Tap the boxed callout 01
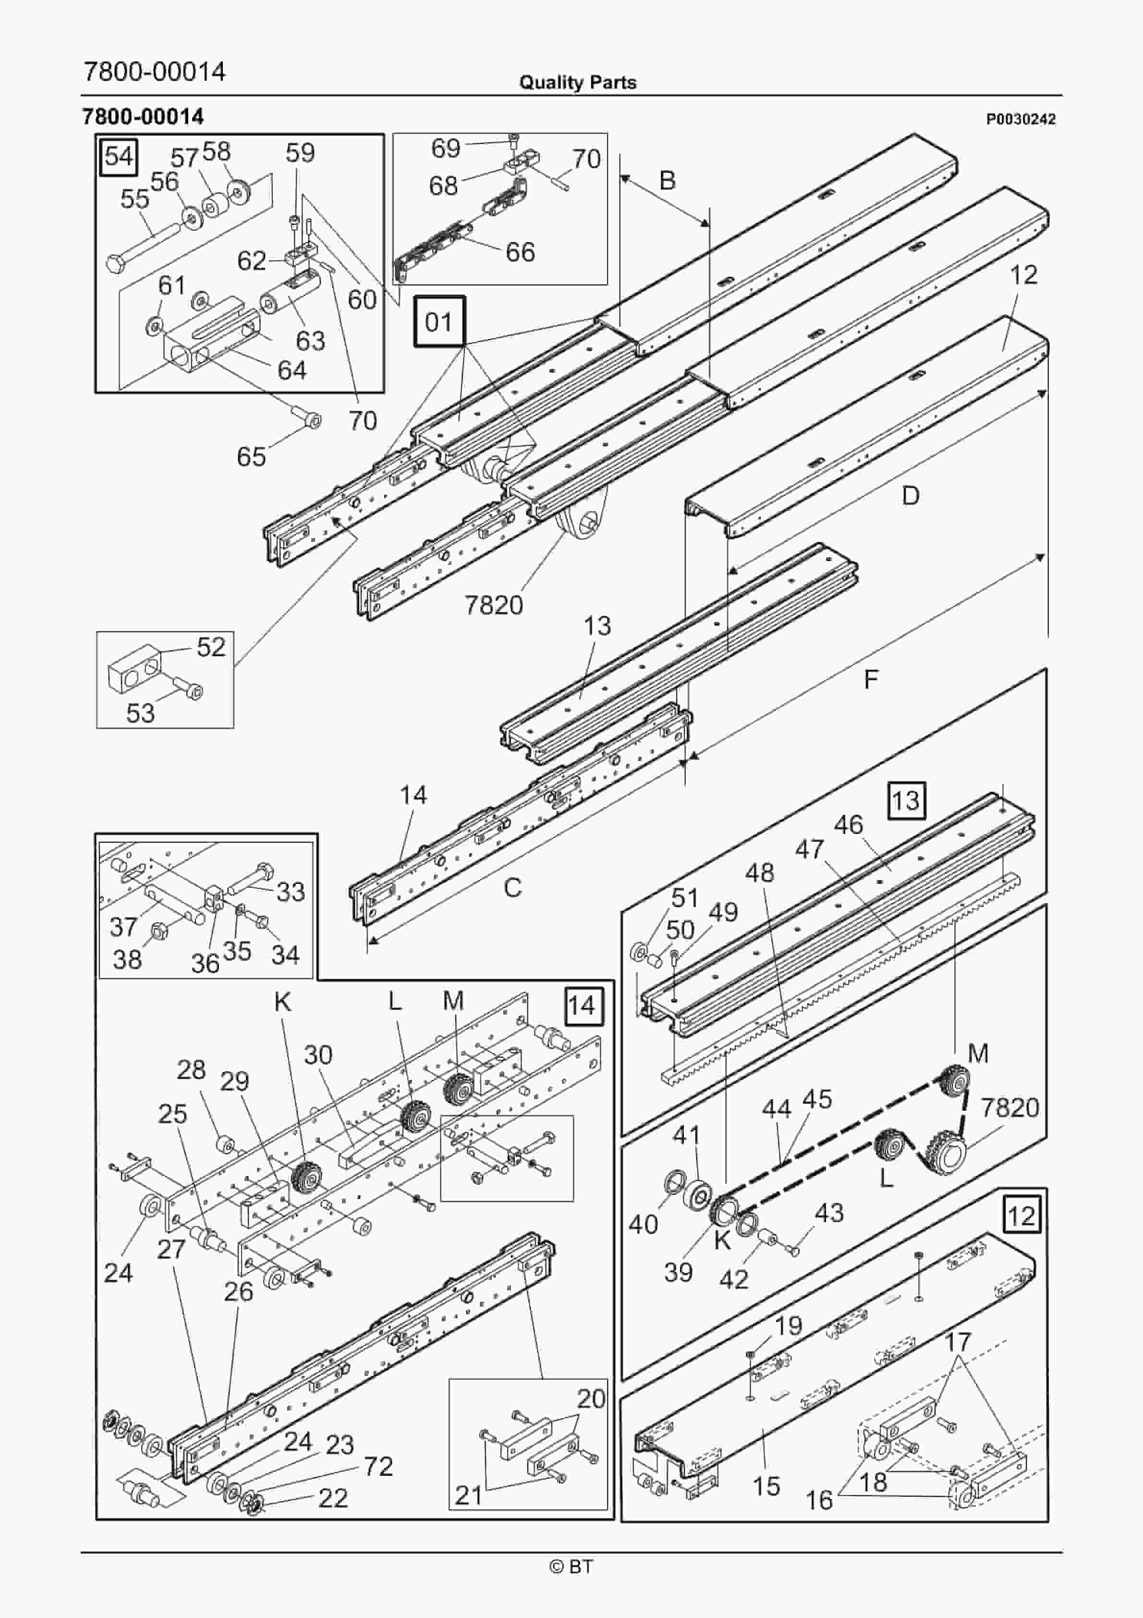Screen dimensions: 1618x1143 click(x=439, y=322)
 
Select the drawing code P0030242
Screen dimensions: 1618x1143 click(x=1021, y=119)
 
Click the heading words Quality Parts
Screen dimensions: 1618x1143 click(x=577, y=83)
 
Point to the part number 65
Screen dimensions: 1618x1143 click(x=251, y=457)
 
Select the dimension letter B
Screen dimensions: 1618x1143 click(x=667, y=181)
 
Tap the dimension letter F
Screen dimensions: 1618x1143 click(x=871, y=679)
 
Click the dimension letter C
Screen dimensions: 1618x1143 click(x=512, y=888)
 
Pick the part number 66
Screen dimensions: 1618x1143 click(x=520, y=252)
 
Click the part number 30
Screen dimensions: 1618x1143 click(x=318, y=1055)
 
